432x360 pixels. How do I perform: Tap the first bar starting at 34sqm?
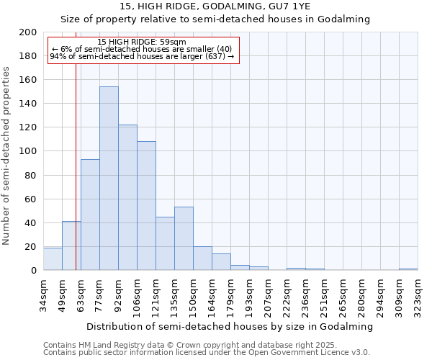coord(53,259)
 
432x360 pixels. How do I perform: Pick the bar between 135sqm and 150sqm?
coord(184,238)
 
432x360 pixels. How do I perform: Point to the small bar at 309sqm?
coord(408,269)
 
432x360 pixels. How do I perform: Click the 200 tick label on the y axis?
coord(28,32)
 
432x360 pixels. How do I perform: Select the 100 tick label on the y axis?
coord(28,151)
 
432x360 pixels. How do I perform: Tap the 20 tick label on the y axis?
coord(31,246)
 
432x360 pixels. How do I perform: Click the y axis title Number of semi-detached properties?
coord(7,156)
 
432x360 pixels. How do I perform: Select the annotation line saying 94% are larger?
coord(142,56)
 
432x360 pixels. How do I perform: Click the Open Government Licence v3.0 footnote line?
coord(207,352)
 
